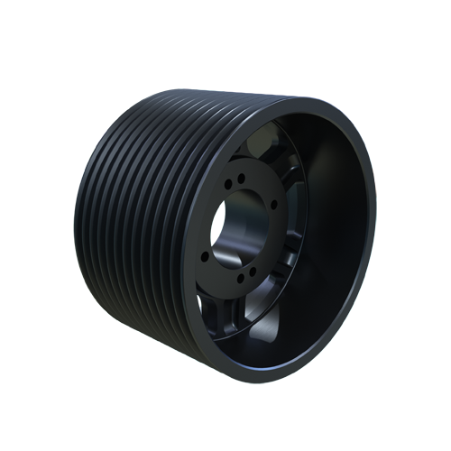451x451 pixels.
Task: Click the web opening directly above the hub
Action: (271, 144)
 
